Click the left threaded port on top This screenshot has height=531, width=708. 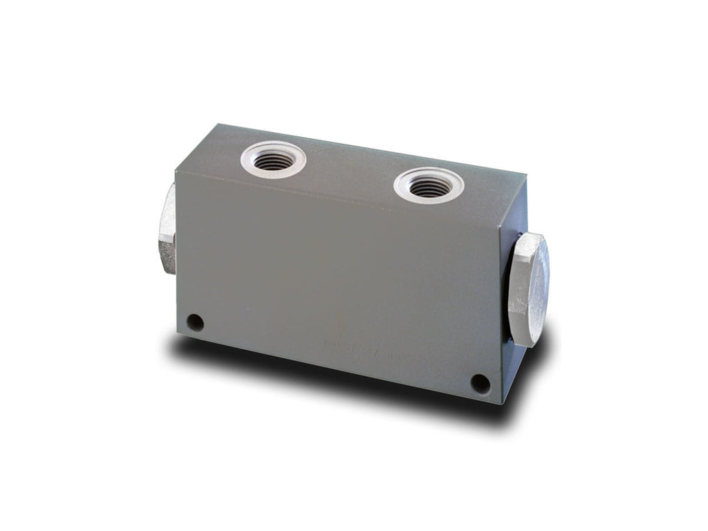point(273,160)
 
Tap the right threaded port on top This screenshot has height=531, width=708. point(429,185)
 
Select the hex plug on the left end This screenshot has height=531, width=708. point(165,229)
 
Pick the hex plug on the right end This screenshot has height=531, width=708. point(528,289)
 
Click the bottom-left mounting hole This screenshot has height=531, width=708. point(196,322)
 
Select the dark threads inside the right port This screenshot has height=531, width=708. point(429,187)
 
